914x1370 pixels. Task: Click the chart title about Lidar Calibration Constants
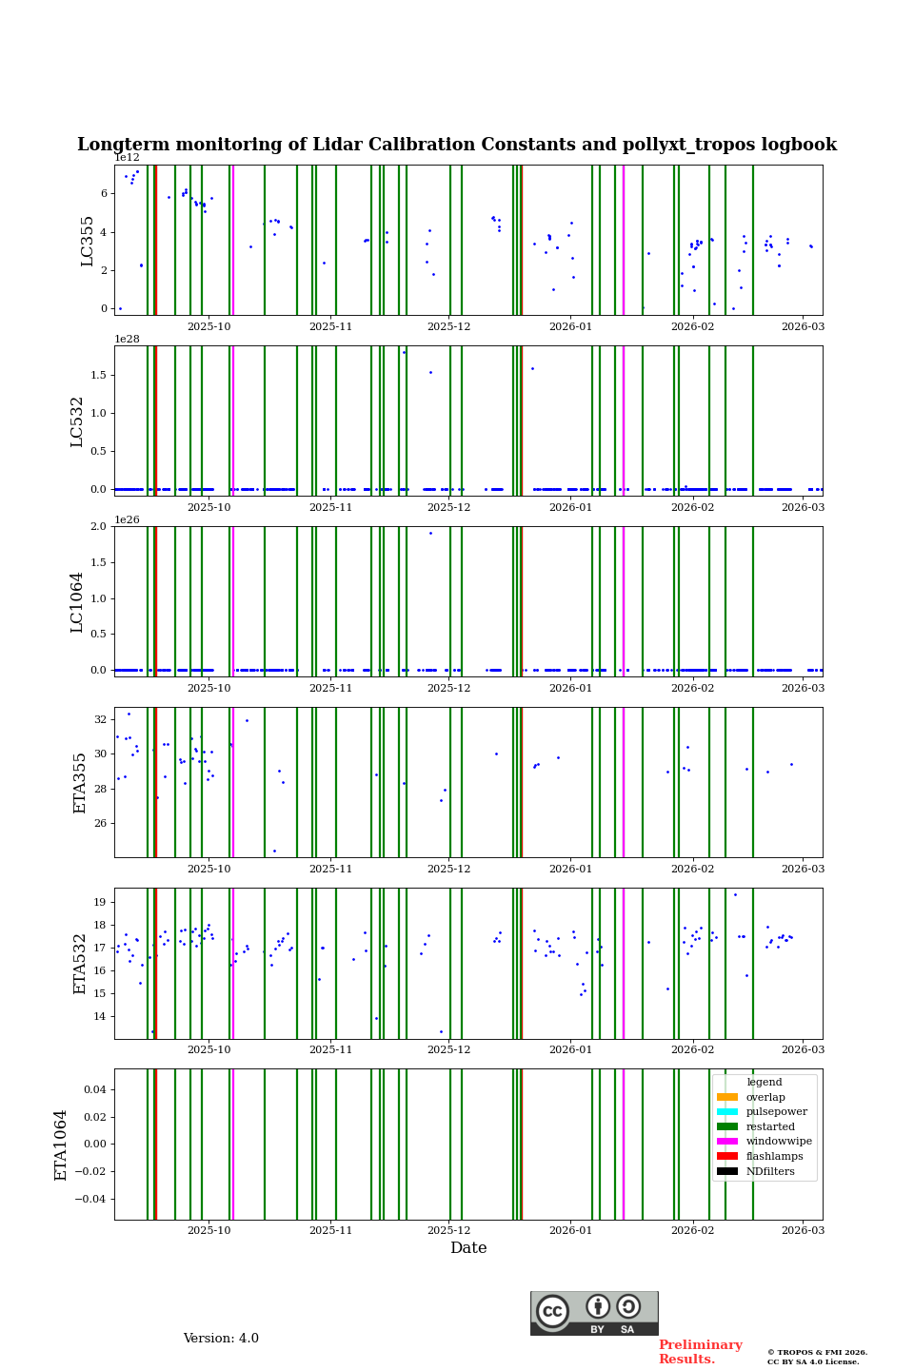coord(456,145)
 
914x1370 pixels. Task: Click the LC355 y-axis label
coord(88,241)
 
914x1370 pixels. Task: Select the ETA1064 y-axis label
coord(61,1145)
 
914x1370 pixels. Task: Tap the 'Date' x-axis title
coord(468,1248)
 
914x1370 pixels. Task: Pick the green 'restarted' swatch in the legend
coord(727,1126)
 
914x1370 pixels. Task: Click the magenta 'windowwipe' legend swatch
coord(727,1142)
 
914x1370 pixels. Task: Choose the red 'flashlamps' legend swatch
coord(727,1157)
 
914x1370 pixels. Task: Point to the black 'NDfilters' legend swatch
coord(727,1171)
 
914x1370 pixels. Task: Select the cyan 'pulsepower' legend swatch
coord(727,1112)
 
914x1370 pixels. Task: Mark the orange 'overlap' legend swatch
coord(727,1097)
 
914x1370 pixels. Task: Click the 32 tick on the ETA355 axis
coord(100,719)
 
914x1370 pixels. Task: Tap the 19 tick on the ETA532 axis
coord(100,902)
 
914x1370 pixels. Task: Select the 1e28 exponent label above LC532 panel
coord(128,339)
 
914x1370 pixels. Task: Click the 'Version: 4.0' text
coord(221,1339)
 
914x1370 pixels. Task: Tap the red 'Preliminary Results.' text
coord(700,1352)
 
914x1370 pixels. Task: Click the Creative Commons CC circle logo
coord(552,1311)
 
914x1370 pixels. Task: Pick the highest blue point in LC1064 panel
coord(430,533)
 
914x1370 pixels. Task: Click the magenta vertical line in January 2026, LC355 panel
coord(624,240)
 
